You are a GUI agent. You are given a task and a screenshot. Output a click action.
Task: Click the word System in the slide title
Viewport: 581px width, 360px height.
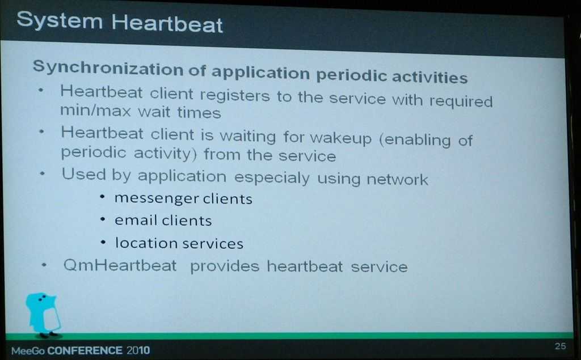click(59, 20)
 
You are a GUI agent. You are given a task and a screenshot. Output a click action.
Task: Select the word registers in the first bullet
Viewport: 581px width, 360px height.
click(235, 95)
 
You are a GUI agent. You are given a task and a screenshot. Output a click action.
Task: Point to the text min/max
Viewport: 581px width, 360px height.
click(95, 111)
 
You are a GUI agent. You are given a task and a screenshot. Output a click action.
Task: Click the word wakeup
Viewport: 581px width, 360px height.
click(340, 138)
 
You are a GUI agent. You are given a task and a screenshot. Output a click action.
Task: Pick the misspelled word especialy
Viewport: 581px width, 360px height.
click(272, 177)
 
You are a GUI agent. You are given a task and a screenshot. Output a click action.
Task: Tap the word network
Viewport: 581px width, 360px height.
click(397, 179)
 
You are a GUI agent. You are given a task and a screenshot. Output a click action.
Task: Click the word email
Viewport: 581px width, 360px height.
click(136, 220)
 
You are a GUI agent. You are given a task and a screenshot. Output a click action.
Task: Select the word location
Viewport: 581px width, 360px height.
click(146, 243)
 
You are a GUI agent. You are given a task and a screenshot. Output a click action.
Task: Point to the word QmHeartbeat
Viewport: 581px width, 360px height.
click(120, 265)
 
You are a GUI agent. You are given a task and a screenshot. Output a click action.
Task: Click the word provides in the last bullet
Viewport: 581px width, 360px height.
click(225, 266)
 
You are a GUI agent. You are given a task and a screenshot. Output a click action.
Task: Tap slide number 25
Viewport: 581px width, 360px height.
click(560, 346)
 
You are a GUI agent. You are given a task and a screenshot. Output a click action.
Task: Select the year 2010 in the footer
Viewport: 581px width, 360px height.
click(138, 350)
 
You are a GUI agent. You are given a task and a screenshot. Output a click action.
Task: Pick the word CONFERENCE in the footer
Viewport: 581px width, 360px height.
click(85, 350)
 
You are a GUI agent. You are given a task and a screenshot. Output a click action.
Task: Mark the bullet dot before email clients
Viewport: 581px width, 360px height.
click(103, 219)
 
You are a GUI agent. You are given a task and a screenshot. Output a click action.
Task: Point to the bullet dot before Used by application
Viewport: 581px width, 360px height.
click(43, 173)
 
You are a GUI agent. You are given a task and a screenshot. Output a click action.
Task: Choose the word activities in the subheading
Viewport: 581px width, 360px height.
click(430, 77)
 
